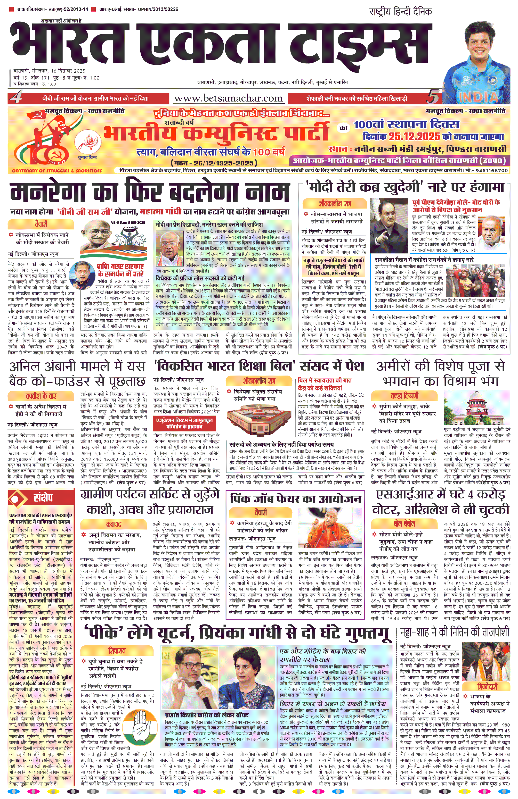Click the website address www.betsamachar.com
click(228, 98)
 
